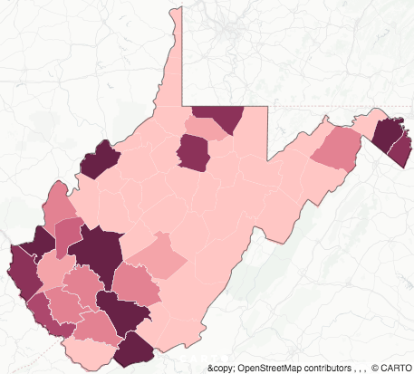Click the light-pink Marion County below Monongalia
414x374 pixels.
pyautogui.click(x=207, y=129)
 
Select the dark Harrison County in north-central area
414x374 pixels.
pyautogui.click(x=192, y=151)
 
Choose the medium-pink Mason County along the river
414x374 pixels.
pyautogui.click(x=59, y=204)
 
